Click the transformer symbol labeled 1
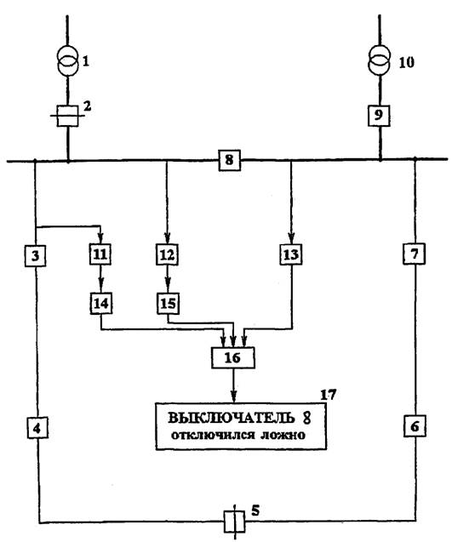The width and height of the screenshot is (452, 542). [x=67, y=61]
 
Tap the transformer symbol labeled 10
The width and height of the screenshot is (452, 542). [x=380, y=61]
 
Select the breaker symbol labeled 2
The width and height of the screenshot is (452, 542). [x=67, y=116]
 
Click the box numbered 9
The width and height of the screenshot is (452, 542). [x=380, y=116]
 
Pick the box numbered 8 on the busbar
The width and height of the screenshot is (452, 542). [x=229, y=160]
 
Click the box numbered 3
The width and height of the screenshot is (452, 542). [x=35, y=256]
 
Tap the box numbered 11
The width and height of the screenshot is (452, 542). [x=100, y=254]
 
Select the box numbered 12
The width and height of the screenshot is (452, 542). [x=167, y=255]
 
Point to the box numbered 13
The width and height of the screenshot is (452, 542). [x=291, y=254]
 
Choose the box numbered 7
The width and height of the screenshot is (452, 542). [x=415, y=254]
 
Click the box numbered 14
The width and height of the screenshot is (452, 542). [x=101, y=304]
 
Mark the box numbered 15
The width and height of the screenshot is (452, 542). [x=169, y=304]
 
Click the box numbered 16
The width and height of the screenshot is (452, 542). [x=232, y=357]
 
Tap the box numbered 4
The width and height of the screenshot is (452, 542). [x=37, y=428]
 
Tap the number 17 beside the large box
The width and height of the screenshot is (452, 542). [x=329, y=395]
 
